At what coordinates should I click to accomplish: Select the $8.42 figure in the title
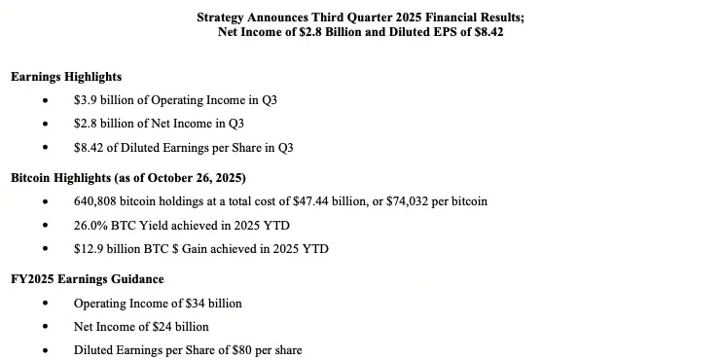(486, 31)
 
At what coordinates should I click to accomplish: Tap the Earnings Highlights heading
(66, 76)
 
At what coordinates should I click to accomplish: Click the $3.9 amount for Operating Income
(86, 100)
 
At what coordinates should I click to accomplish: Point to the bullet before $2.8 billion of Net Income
(45, 125)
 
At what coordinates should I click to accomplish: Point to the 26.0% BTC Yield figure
(90, 225)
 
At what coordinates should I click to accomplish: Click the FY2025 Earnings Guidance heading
(87, 279)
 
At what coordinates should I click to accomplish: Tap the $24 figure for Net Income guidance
(160, 326)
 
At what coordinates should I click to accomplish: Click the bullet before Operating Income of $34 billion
(45, 304)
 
